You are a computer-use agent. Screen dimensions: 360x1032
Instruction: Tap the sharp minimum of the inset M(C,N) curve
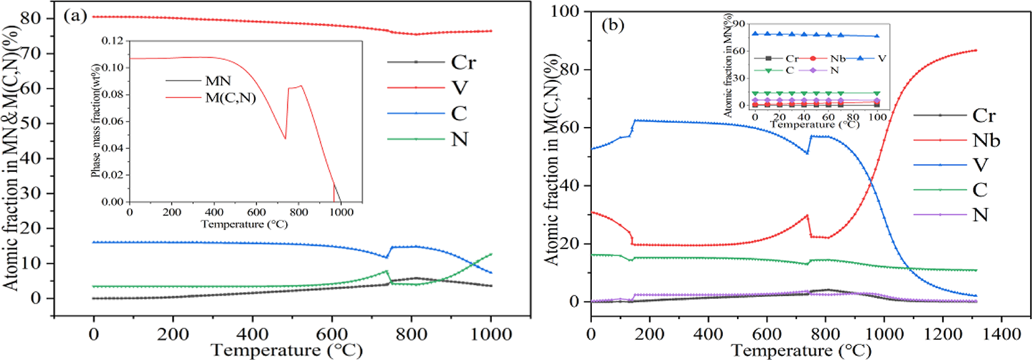pyautogui.click(x=285, y=139)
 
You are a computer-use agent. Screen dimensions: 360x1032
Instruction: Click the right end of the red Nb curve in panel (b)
pyautogui.click(x=976, y=50)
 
